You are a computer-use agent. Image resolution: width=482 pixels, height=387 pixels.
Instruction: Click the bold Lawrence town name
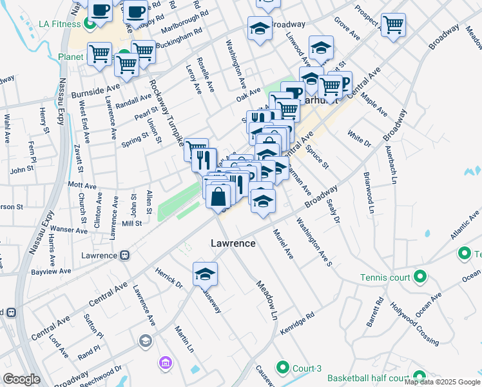tap(233, 243)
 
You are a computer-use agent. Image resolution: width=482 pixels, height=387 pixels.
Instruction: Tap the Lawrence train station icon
tap(125, 255)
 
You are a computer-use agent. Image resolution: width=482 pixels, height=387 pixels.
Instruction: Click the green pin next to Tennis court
tap(421, 278)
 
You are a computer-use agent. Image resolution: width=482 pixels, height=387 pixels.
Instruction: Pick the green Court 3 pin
tap(282, 368)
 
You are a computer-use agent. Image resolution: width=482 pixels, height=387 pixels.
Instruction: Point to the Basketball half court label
tap(367, 378)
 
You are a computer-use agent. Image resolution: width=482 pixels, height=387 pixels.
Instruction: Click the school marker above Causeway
tap(205, 273)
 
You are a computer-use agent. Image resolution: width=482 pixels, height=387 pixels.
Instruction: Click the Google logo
tap(21, 379)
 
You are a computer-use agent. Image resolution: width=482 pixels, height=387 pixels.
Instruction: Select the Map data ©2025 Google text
tap(442, 382)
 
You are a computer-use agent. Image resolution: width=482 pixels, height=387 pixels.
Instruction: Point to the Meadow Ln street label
tap(265, 301)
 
